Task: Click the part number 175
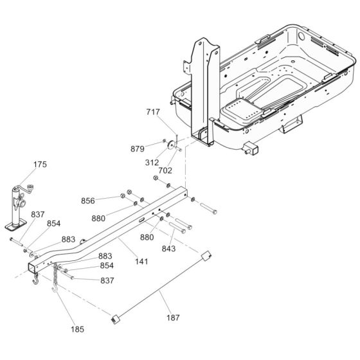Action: (40, 165)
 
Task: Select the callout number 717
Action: (153, 112)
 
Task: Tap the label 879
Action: (138, 149)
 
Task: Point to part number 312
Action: (152, 163)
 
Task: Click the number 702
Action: (165, 170)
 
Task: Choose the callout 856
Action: (88, 201)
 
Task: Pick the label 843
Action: (168, 249)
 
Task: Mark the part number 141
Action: (141, 262)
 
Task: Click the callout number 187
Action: (173, 318)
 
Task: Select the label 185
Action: (77, 329)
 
